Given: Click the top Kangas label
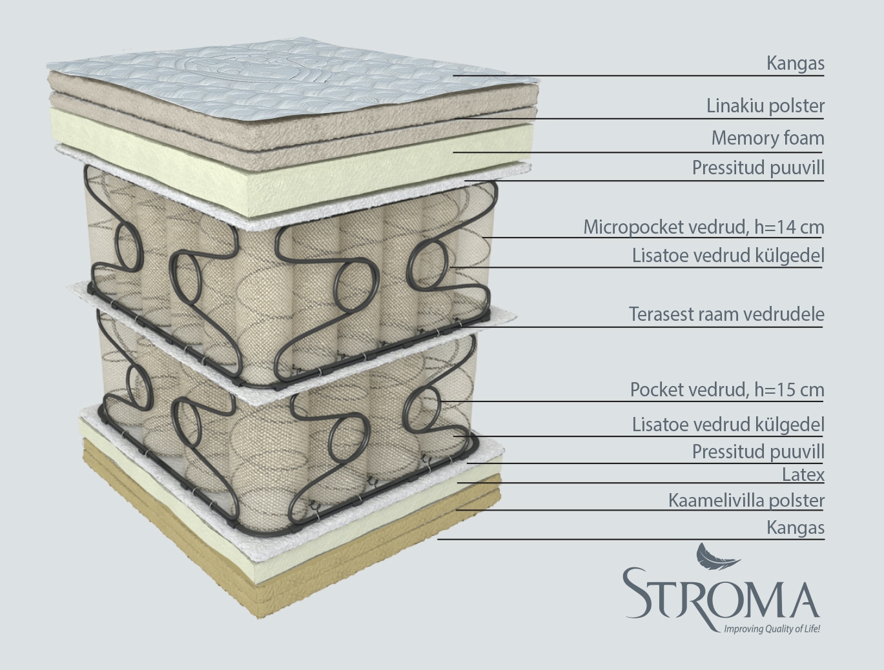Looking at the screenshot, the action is pos(795,64).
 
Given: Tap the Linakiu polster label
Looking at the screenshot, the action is pos(765,107).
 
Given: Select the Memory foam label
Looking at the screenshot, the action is pos(768,138).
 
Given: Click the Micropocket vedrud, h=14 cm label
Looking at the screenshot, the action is pos(704,227).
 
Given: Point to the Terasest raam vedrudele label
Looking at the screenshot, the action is pos(726,314).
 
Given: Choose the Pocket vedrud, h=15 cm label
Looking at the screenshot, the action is pos(727,390).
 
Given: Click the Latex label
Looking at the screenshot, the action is pos(803,475).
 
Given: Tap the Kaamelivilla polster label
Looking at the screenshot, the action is pos(746,501).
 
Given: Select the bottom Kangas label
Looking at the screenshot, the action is pos(795,527).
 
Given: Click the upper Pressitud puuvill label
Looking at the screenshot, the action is pos(758,168).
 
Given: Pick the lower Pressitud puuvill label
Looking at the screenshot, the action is pos(758,451).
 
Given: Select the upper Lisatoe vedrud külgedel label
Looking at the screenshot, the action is pos(728,256).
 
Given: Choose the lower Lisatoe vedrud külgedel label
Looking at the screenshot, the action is pos(728,425).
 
